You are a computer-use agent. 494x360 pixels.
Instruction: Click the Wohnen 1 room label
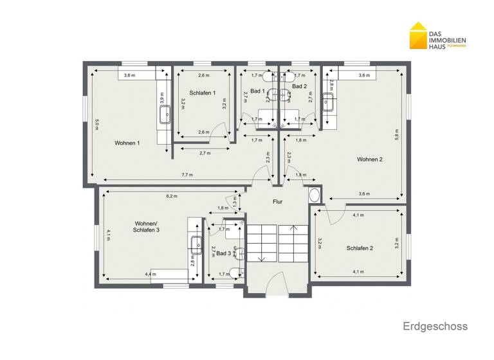click(x=127, y=143)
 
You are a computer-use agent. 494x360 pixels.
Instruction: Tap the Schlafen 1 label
click(x=203, y=94)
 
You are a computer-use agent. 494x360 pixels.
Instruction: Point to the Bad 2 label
click(x=300, y=86)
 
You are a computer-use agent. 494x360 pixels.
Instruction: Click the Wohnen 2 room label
click(x=370, y=159)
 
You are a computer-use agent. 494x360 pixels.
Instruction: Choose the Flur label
click(x=278, y=202)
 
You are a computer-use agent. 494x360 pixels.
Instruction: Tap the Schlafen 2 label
click(x=360, y=248)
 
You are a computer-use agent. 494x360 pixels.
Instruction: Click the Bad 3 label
click(x=223, y=253)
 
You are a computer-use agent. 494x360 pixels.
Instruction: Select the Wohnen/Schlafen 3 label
click(x=147, y=226)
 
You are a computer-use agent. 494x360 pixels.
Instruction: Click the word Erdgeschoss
click(x=435, y=327)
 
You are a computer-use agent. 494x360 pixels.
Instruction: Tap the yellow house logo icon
click(x=419, y=37)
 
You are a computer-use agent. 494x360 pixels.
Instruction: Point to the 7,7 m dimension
click(x=187, y=175)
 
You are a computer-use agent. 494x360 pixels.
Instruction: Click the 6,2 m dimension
click(x=172, y=196)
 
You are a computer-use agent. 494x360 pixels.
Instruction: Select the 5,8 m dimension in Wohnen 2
click(x=398, y=136)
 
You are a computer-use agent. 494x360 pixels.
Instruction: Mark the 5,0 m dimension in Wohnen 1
click(x=96, y=124)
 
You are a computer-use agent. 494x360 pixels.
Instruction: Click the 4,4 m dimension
click(x=150, y=274)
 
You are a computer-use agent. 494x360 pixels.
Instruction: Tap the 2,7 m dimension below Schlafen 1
click(x=206, y=153)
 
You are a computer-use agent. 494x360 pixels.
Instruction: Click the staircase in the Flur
click(x=278, y=242)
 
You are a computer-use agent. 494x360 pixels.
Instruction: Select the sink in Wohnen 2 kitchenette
click(x=328, y=100)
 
